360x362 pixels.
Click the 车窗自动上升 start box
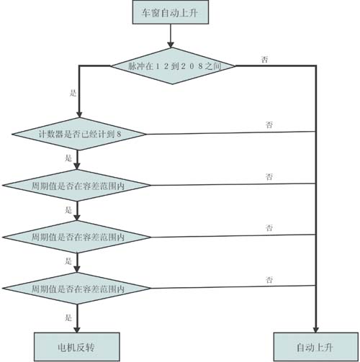pyautogui.click(x=171, y=12)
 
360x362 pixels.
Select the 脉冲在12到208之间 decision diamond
pyautogui.click(x=173, y=66)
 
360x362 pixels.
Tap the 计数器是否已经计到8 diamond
pyautogui.click(x=79, y=134)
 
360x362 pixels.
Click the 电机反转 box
pyautogui.click(x=77, y=347)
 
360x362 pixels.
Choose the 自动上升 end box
pyautogui.click(x=316, y=347)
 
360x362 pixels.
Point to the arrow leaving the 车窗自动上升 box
pyautogui.click(x=171, y=36)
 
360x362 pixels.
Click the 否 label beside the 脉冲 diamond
pyautogui.click(x=264, y=59)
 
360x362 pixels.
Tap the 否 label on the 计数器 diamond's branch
pyautogui.click(x=269, y=125)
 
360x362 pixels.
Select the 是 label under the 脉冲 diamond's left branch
pyautogui.click(x=73, y=93)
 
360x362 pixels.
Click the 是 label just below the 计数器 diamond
pyautogui.click(x=68, y=158)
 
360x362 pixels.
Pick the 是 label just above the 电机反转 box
pyautogui.click(x=68, y=317)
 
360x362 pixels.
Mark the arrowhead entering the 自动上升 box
pyautogui.click(x=316, y=330)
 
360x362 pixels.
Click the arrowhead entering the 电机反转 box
pyautogui.click(x=77, y=330)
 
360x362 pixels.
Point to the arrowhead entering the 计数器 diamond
pyautogui.click(x=79, y=114)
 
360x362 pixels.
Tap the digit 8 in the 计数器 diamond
pyautogui.click(x=119, y=134)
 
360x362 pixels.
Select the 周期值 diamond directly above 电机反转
pyautogui.click(x=77, y=289)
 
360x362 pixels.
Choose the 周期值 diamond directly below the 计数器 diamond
pyautogui.click(x=77, y=186)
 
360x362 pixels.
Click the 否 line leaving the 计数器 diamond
pyautogui.click(x=230, y=132)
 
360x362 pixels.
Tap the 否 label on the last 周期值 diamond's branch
pyautogui.click(x=269, y=280)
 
